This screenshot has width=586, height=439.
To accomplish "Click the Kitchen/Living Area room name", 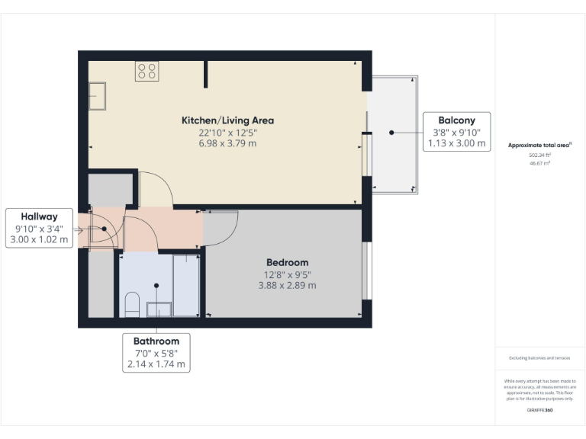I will pos(227,120).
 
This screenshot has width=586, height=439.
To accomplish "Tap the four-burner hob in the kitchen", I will pos(146,72).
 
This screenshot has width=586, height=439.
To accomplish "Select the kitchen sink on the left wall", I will pos(97,97).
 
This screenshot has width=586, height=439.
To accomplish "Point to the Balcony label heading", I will pos(456,120).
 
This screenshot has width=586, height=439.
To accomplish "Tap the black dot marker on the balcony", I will pos(391,132).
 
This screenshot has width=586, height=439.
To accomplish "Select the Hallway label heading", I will pos(39,216).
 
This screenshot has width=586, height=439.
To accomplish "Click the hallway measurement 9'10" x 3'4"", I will pos(39,229).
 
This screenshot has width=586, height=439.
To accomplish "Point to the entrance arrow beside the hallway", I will pos(79,229).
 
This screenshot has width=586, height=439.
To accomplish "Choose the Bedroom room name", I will pos(287,262).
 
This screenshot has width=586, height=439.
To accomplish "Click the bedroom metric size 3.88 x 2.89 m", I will pos(287,286).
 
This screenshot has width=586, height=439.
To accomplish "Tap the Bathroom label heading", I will pos(156,341).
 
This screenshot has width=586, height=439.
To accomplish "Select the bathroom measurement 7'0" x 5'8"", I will pos(156,353).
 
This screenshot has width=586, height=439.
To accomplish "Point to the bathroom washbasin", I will pos(159,308).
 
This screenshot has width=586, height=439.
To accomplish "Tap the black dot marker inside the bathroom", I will pos(156,286).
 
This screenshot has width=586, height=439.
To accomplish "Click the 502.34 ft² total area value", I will pos(540,155).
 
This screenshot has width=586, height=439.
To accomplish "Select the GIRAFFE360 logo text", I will pos(540,410).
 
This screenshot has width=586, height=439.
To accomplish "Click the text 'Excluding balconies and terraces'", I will pos(540,357).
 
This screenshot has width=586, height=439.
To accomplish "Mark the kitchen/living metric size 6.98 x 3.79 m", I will pos(227,143).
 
